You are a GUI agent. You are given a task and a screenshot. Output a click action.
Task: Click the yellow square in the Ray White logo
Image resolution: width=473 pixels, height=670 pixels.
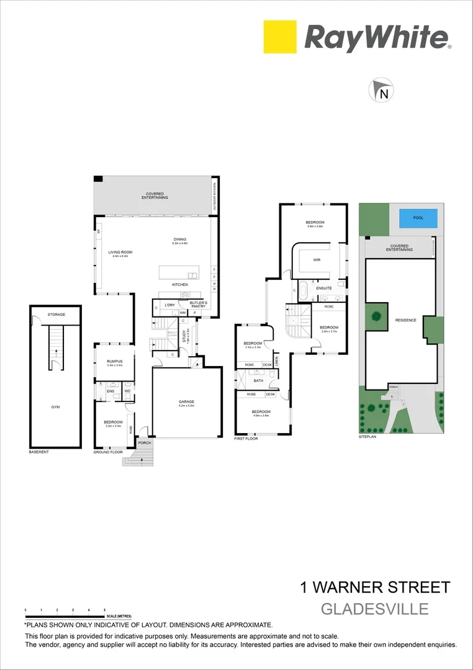(x=280, y=37)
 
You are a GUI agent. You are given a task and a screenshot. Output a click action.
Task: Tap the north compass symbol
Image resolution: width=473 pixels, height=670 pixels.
(x=381, y=91)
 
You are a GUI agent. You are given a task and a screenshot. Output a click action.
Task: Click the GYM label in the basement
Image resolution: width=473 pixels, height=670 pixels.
(x=56, y=407)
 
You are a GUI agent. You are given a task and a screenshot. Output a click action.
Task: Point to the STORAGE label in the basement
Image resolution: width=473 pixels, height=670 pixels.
(x=56, y=315)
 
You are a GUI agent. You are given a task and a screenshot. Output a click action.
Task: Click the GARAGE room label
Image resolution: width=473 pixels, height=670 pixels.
(x=187, y=402)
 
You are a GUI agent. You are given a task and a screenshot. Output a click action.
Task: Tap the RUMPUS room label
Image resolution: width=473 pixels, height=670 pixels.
(x=115, y=361)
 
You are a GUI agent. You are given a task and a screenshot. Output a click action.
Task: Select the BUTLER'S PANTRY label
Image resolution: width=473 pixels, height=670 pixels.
(x=198, y=304)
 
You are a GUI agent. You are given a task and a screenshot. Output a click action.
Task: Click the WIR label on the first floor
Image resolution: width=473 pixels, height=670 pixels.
(x=317, y=260)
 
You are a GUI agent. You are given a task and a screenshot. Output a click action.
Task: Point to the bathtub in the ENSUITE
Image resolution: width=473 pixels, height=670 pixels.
(x=304, y=291)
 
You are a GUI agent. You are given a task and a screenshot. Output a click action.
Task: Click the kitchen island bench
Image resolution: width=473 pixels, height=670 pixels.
(x=179, y=273)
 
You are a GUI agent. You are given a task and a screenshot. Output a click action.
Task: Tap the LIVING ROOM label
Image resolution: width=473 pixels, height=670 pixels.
(x=120, y=252)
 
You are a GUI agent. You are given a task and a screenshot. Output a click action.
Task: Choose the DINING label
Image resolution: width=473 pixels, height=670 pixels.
(x=180, y=239)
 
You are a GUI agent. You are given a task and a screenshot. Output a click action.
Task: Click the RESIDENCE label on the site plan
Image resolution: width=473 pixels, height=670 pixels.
(x=405, y=320)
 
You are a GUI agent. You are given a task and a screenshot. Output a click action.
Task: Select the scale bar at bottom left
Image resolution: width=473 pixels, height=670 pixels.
(x=65, y=615)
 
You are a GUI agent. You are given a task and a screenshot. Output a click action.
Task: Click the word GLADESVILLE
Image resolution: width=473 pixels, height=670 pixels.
(x=374, y=609)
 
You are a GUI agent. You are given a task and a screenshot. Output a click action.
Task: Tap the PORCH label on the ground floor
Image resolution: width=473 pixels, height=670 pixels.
(x=145, y=443)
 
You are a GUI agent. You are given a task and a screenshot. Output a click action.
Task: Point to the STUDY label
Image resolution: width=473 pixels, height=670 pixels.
(x=184, y=336)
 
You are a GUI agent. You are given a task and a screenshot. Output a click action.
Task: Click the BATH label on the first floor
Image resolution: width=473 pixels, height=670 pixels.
(x=259, y=381)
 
